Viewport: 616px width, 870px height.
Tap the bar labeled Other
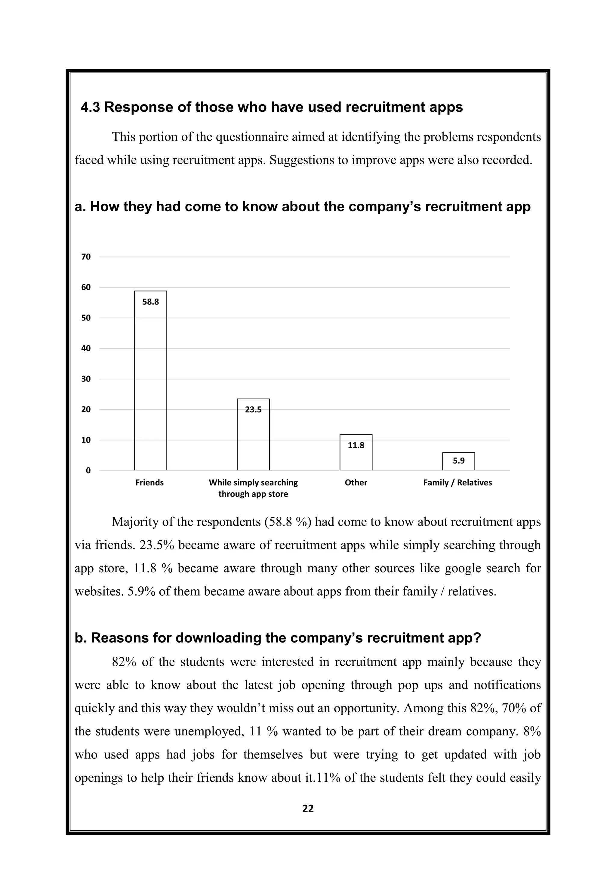(x=356, y=453)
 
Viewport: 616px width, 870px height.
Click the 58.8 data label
(x=151, y=302)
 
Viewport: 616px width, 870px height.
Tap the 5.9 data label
(x=459, y=461)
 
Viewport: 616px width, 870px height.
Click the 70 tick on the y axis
(x=86, y=257)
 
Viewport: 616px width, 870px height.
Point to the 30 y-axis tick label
(x=86, y=379)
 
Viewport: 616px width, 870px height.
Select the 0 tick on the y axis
(x=88, y=471)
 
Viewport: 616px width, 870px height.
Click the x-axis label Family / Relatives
(x=457, y=483)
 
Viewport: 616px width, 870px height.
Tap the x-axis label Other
(x=356, y=483)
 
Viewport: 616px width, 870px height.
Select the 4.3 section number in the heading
(x=90, y=108)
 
